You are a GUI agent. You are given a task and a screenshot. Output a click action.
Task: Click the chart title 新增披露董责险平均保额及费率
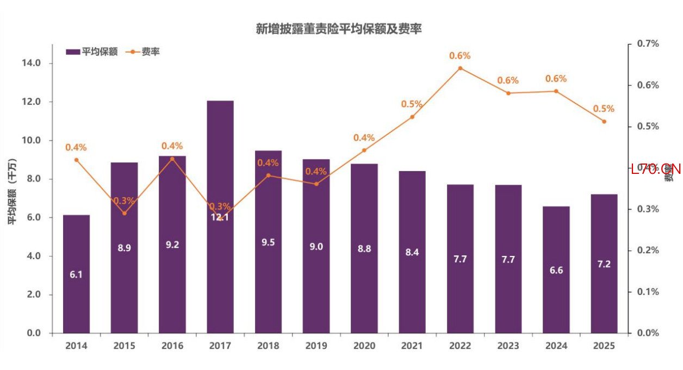coord(339,29)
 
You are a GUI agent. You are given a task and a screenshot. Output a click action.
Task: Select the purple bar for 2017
coord(220,163)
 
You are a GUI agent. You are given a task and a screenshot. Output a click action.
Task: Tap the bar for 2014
coord(76,274)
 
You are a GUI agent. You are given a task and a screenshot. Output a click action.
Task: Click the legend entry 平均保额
coord(92,52)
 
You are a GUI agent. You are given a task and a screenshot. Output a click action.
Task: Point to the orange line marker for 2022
coord(460,68)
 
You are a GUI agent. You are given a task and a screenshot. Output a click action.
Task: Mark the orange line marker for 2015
coord(125,213)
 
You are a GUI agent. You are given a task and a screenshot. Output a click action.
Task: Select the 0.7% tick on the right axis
coord(648,44)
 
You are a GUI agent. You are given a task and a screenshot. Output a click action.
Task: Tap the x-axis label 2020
coord(364,346)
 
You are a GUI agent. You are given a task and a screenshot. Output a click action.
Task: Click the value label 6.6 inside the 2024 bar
coord(556,270)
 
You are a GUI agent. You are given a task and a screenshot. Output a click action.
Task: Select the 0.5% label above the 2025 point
coord(604,109)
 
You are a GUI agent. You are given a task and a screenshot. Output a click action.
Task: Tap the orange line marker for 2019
coord(316,184)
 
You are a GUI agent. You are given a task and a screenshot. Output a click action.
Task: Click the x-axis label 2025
coord(604,346)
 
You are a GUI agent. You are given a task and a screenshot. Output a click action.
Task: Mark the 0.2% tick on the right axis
coord(648,250)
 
